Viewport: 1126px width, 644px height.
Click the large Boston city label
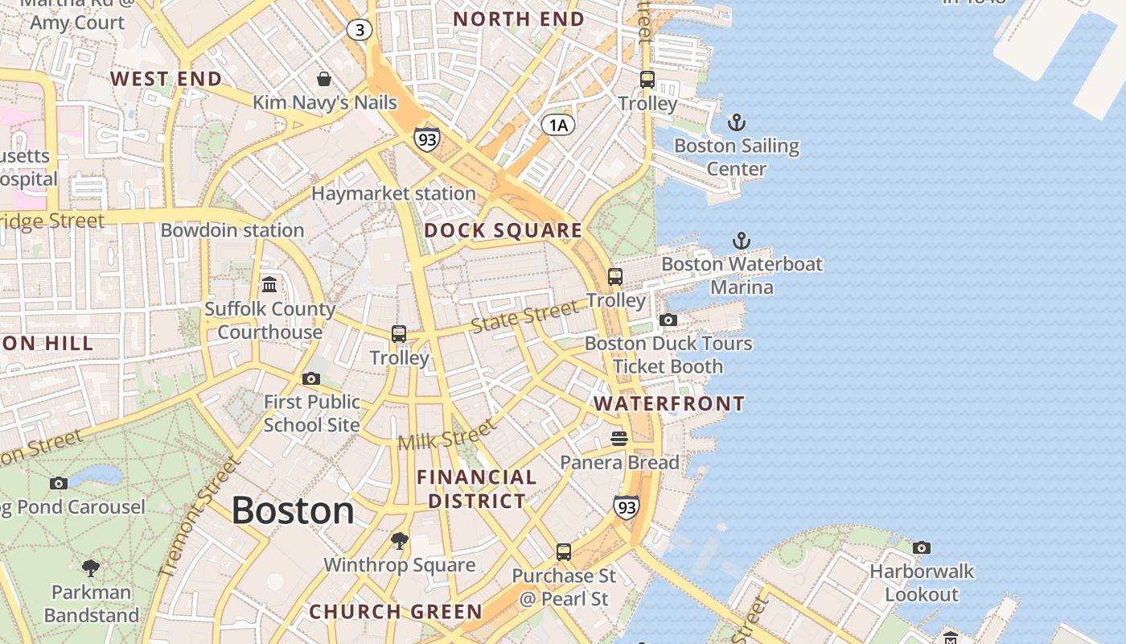pyautogui.click(x=293, y=511)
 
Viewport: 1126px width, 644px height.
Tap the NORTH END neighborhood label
pyautogui.click(x=519, y=19)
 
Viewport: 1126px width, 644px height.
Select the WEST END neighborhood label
pyautogui.click(x=166, y=79)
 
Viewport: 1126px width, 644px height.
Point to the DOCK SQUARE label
pyautogui.click(x=503, y=231)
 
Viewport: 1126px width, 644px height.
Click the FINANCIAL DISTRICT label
pyautogui.click(x=477, y=489)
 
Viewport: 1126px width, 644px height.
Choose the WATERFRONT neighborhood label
pyautogui.click(x=669, y=404)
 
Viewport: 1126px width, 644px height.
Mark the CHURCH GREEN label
pyautogui.click(x=396, y=612)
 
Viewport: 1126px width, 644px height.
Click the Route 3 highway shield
pyautogui.click(x=359, y=31)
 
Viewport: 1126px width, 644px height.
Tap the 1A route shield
pyautogui.click(x=558, y=125)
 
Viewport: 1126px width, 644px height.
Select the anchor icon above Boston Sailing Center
pyautogui.click(x=737, y=123)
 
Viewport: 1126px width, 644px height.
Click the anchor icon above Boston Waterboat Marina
pyautogui.click(x=741, y=241)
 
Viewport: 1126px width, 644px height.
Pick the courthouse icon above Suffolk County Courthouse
pyautogui.click(x=269, y=285)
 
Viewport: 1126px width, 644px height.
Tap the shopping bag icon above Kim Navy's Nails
pyautogui.click(x=324, y=79)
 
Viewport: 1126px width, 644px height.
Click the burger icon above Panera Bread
pyautogui.click(x=618, y=439)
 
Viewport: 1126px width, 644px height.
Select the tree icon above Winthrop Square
pyautogui.click(x=399, y=541)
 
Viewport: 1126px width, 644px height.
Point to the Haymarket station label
pyautogui.click(x=393, y=194)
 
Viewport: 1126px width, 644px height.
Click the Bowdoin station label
pyautogui.click(x=232, y=230)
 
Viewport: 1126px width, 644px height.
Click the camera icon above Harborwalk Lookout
pyautogui.click(x=922, y=548)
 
